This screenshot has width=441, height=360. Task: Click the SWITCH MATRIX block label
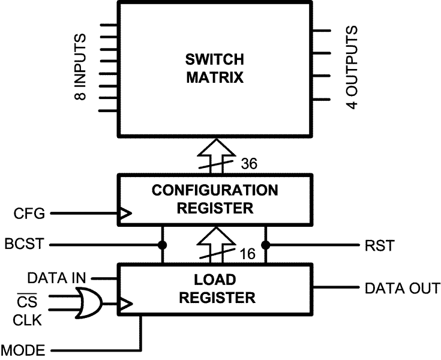tap(214, 69)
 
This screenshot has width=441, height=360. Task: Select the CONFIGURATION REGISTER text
tap(214, 199)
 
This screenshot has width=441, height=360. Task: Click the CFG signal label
tap(27, 213)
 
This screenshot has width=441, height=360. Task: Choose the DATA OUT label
tap(402, 289)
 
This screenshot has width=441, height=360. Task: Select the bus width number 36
tap(250, 163)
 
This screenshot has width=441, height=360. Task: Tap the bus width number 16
tap(245, 254)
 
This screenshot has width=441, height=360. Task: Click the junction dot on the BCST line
tap(162, 245)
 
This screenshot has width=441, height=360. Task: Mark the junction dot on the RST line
tap(265, 245)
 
